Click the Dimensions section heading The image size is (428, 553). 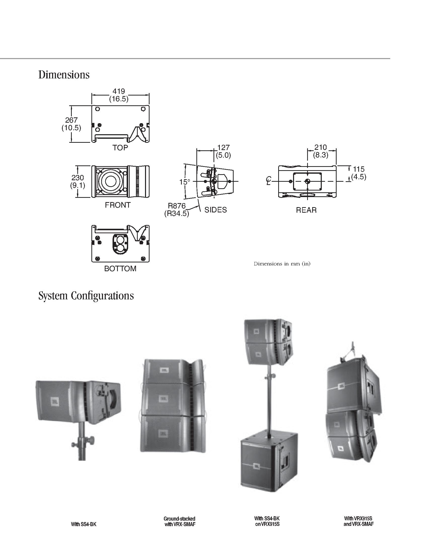[64, 75]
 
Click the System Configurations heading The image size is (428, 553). [86, 296]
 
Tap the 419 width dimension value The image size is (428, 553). [119, 91]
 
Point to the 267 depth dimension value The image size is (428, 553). [71, 120]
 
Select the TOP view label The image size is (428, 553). [120, 148]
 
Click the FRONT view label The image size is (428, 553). [118, 205]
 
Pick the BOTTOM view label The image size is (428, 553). [120, 268]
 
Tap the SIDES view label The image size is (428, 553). [216, 210]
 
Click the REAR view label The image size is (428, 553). [306, 210]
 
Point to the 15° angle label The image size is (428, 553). [185, 182]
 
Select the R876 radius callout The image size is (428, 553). [177, 206]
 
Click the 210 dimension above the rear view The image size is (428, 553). [320, 147]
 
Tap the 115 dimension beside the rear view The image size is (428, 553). [359, 169]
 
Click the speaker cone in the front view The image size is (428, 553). [110, 181]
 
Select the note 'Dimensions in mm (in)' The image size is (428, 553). [282, 264]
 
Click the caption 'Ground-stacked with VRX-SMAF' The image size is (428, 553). [180, 522]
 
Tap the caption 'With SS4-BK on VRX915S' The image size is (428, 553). [267, 521]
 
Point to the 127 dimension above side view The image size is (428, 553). [223, 147]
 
